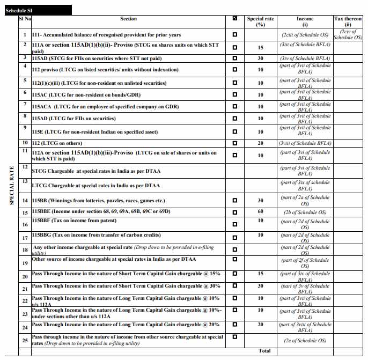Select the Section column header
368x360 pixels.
128,19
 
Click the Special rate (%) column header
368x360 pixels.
260,21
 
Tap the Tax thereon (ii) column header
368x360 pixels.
348,21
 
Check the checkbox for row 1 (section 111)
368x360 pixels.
234,35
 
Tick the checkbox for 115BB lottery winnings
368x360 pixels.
234,201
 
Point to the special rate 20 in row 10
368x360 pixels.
260,143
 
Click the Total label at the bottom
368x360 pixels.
264,351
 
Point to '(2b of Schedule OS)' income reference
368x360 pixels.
305,212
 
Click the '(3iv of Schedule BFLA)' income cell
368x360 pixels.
305,57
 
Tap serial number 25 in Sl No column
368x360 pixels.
25,341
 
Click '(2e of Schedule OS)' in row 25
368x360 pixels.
305,341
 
